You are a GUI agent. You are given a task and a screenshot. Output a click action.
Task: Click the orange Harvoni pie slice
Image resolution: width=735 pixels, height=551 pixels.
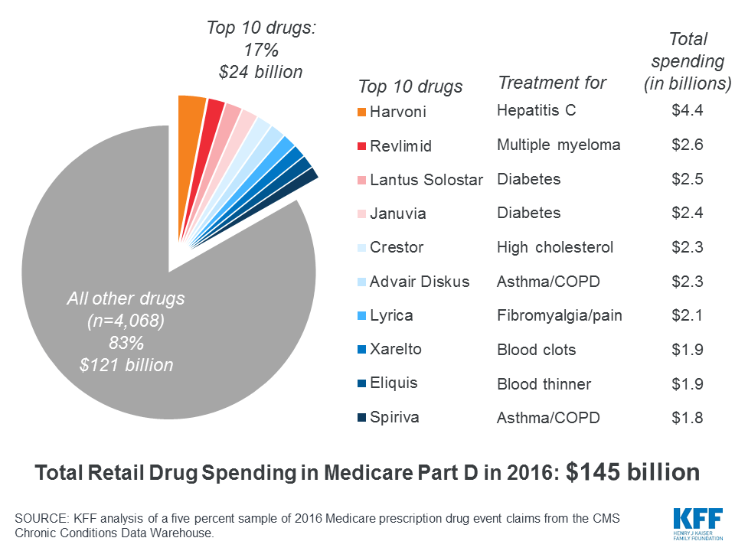[x=191, y=115]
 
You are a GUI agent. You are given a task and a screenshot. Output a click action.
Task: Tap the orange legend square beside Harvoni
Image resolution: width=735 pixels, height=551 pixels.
[x=362, y=112]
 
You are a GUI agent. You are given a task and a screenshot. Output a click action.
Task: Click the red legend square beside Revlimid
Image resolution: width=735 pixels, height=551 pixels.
[x=362, y=146]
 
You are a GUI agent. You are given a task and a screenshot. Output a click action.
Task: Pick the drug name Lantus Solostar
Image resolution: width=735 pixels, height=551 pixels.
[x=426, y=180]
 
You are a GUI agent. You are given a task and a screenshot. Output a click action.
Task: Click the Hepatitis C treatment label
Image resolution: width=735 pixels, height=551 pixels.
[x=536, y=111]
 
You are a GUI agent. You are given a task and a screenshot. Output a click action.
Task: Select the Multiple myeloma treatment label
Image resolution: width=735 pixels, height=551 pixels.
[x=558, y=145]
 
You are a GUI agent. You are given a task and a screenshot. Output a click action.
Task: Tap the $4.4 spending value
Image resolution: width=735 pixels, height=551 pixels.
[x=687, y=111]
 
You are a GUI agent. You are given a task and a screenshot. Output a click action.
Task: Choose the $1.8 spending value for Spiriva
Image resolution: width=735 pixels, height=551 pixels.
[x=687, y=418]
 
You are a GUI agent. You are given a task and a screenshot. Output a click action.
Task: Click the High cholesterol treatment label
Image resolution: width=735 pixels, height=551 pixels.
[x=555, y=247]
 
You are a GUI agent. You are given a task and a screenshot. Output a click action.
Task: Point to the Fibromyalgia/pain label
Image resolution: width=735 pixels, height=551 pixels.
[x=559, y=315]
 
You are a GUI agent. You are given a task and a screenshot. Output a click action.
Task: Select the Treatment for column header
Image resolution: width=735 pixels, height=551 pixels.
[x=552, y=83]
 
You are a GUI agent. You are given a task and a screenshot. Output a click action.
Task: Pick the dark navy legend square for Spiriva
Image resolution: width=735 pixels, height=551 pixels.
[x=362, y=419]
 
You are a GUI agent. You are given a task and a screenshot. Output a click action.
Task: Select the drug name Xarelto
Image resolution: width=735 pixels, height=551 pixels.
[x=395, y=349]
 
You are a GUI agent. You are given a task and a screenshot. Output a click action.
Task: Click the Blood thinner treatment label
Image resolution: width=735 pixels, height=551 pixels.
[x=544, y=384]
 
